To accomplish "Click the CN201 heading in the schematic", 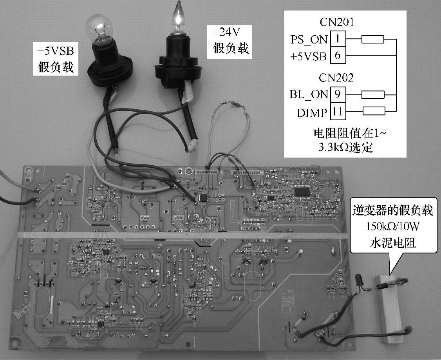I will [336, 22].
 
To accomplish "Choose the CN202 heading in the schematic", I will [336, 78].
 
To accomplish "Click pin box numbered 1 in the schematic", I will [337, 39].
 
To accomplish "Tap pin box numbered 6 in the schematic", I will [337, 56].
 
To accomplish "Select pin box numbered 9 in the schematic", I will [337, 94].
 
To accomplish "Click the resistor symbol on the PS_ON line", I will [372, 39].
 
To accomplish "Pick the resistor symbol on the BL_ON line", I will [372, 94].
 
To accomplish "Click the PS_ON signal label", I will [309, 40].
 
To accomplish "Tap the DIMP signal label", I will [312, 113].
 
